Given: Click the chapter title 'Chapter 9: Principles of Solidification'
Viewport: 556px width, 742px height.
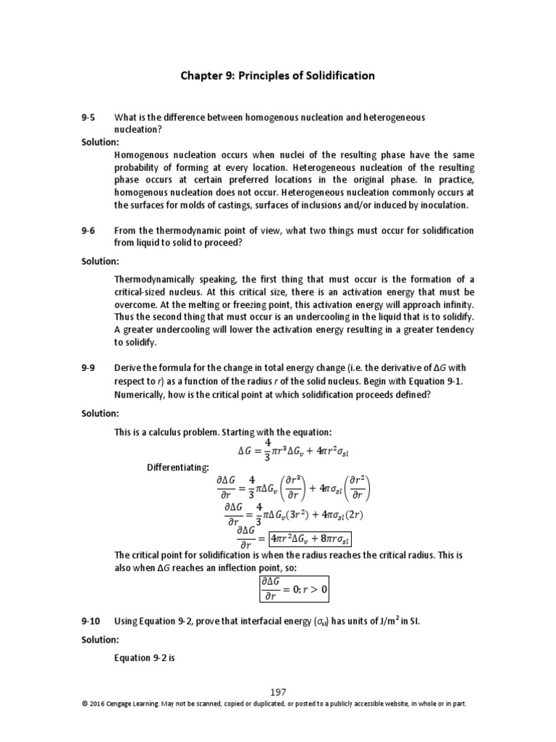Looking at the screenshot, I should [x=277, y=75].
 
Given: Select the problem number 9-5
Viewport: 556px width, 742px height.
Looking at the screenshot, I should [x=88, y=117].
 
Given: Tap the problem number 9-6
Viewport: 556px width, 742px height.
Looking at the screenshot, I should [x=88, y=230].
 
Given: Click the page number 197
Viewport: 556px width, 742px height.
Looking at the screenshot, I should [x=278, y=692].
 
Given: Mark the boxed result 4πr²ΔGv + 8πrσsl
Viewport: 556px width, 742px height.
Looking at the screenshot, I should [x=310, y=539].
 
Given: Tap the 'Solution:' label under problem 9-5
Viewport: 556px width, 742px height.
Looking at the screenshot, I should [x=100, y=142].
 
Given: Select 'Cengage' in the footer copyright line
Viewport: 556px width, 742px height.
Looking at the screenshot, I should [x=120, y=704].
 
